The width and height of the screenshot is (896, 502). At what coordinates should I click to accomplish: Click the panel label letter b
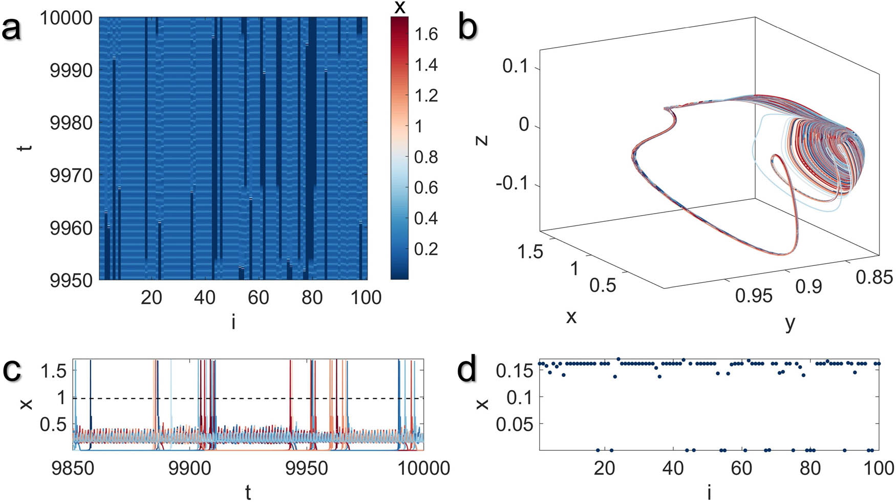click(467, 28)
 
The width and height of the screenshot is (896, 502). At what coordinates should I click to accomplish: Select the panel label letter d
click(467, 370)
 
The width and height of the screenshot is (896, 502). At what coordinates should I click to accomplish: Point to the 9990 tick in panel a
click(71, 70)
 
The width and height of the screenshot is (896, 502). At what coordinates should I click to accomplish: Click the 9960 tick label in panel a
click(71, 228)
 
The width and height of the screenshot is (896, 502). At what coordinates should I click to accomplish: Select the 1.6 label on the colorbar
click(426, 34)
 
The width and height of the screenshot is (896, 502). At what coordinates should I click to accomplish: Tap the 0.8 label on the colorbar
click(426, 157)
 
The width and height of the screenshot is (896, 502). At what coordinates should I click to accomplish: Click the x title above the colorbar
click(399, 7)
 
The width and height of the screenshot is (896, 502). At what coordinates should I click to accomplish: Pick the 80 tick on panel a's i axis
click(312, 298)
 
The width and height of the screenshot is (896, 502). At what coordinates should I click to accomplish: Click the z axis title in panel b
click(482, 139)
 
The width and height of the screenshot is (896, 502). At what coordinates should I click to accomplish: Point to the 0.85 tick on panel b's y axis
click(874, 278)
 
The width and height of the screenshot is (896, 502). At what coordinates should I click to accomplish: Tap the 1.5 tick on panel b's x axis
click(530, 252)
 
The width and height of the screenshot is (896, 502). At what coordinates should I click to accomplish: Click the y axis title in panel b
click(790, 323)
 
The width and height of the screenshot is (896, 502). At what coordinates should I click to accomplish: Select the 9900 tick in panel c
click(189, 468)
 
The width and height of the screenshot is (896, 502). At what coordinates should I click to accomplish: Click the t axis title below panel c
click(248, 492)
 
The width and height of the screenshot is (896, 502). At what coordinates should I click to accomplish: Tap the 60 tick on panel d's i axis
click(741, 468)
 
